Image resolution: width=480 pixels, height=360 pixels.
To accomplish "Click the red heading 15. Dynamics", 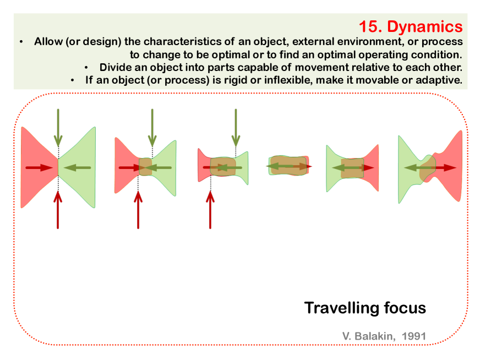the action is pos(411,26).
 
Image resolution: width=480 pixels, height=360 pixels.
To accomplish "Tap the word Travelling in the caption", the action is pos(341,308).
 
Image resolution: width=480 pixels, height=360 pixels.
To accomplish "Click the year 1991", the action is pos(414,336).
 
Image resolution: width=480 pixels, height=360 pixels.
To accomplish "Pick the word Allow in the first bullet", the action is pos(48,41).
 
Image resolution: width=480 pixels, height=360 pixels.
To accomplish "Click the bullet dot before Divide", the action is pos(86,68).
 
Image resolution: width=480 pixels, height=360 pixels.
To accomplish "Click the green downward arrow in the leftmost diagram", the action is pos(58,128).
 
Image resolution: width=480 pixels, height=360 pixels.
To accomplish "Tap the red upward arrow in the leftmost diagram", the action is pos(58,210).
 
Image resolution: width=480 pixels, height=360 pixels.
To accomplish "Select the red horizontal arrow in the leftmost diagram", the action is pos(39,167).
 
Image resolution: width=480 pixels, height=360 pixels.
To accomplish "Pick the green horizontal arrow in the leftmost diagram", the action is pos(77,167).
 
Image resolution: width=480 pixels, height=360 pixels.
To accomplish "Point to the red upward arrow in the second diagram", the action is pos(138,210).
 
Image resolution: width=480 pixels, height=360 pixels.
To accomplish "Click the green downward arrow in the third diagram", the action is pos(236,128).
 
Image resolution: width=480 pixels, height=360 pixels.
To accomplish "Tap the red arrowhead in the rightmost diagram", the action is pos(449,167).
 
